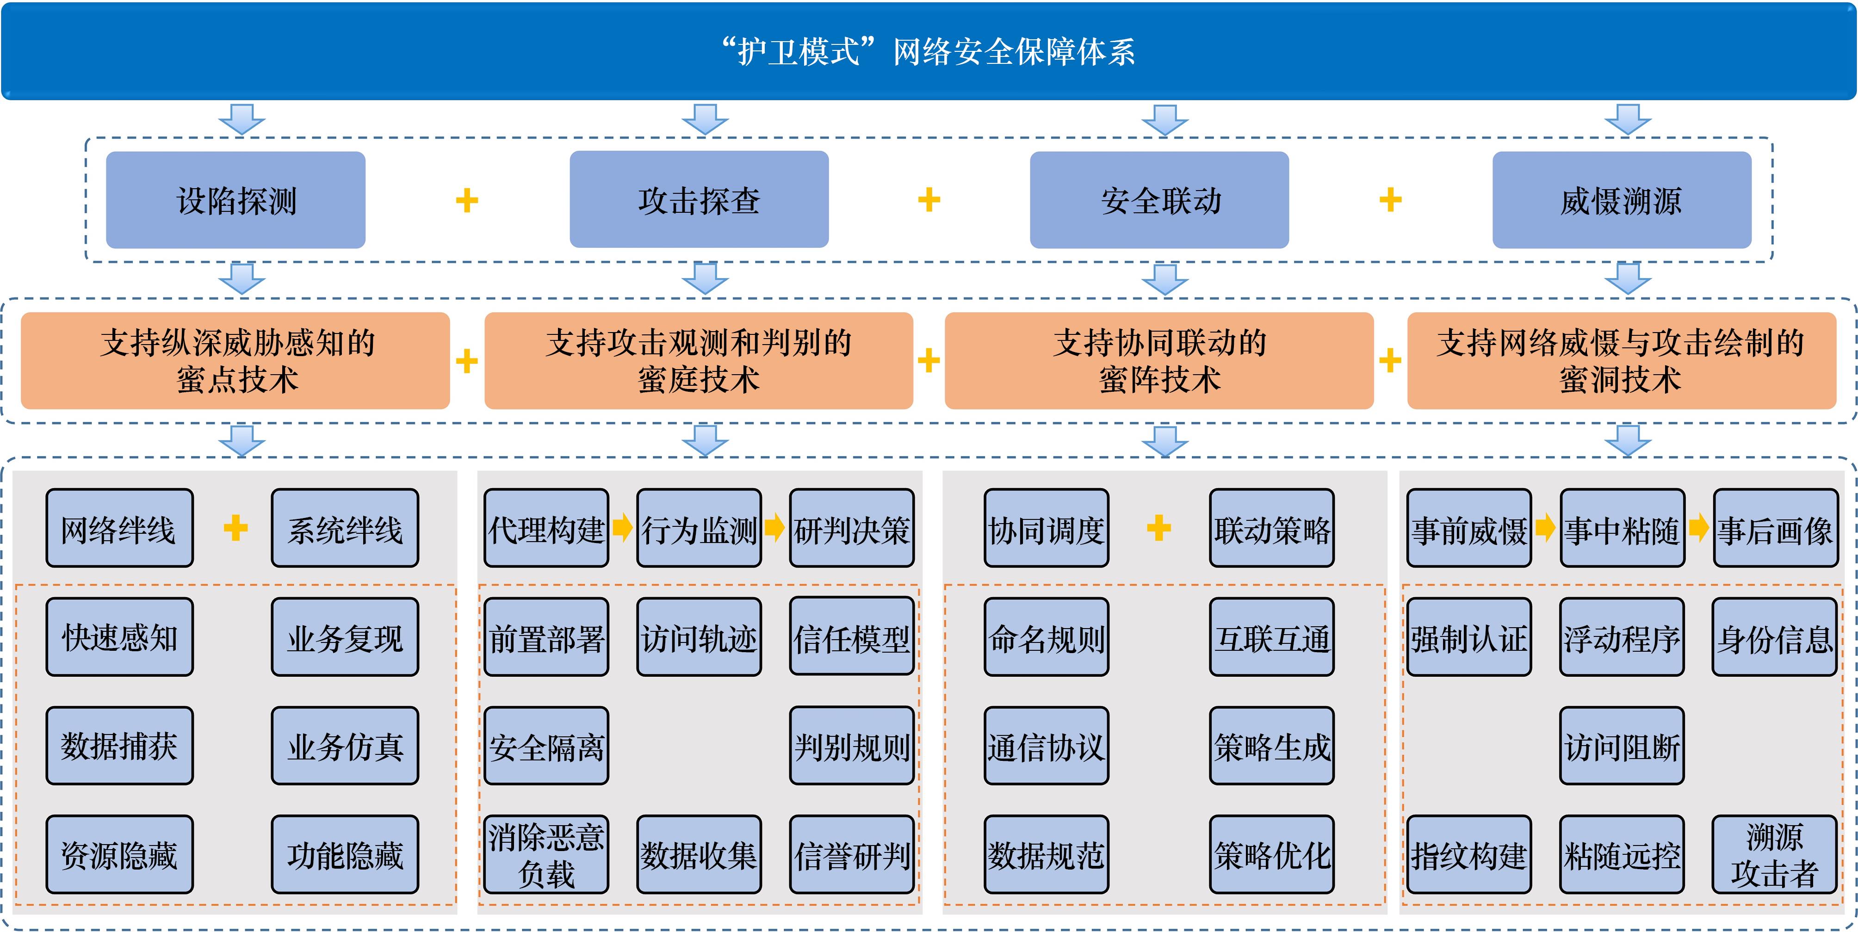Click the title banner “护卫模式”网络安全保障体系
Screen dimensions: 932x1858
[929, 50]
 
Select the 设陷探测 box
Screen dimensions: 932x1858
[236, 200]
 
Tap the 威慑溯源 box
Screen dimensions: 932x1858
[1622, 200]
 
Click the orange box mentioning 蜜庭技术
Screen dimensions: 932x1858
[698, 361]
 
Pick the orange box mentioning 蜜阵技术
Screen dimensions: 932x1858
[1159, 361]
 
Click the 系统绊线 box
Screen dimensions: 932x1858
[345, 528]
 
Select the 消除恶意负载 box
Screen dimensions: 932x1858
[546, 855]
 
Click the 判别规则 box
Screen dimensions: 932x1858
[852, 746]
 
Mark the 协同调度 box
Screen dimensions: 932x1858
[1047, 528]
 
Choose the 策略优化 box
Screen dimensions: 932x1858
[1272, 855]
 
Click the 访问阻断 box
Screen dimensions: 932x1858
[1622, 746]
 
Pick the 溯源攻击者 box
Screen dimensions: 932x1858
[1774, 855]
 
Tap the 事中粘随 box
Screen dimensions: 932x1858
[1622, 528]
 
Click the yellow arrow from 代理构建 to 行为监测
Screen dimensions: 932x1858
[622, 527]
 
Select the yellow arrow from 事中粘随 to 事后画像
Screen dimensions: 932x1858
[1698, 527]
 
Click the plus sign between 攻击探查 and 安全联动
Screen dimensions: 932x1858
[929, 200]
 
